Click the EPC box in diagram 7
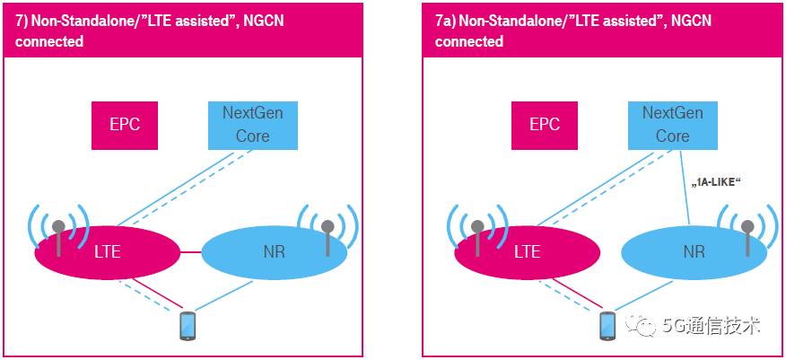tap(125, 125)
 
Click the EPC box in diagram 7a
tap(545, 125)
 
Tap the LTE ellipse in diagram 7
tap(108, 251)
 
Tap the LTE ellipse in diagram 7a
tap(528, 251)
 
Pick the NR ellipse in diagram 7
tap(274, 252)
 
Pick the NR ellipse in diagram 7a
tap(694, 252)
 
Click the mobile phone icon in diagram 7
tap(188, 324)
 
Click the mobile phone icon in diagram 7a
tap(607, 324)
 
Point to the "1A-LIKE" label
tap(714, 182)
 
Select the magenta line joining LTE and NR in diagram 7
tap(190, 251)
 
